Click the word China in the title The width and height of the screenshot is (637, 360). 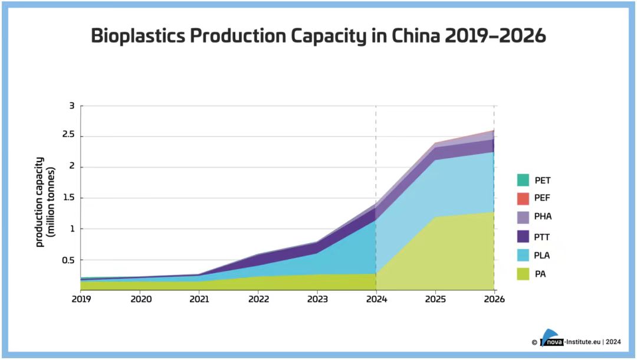411,37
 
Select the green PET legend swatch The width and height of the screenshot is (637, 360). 523,180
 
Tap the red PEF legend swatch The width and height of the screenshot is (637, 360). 523,198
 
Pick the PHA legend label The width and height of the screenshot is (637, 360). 543,217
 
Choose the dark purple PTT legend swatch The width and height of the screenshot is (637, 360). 523,236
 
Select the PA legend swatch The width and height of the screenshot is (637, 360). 523,274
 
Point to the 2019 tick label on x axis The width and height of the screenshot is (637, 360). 82,299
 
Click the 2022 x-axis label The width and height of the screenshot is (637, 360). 258,299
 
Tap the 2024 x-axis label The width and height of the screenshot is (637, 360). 376,299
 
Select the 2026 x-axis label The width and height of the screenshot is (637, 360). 494,299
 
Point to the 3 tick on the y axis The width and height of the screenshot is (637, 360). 72,106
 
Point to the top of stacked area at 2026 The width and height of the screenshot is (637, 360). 494,130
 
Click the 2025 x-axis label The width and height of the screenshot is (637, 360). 435,299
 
